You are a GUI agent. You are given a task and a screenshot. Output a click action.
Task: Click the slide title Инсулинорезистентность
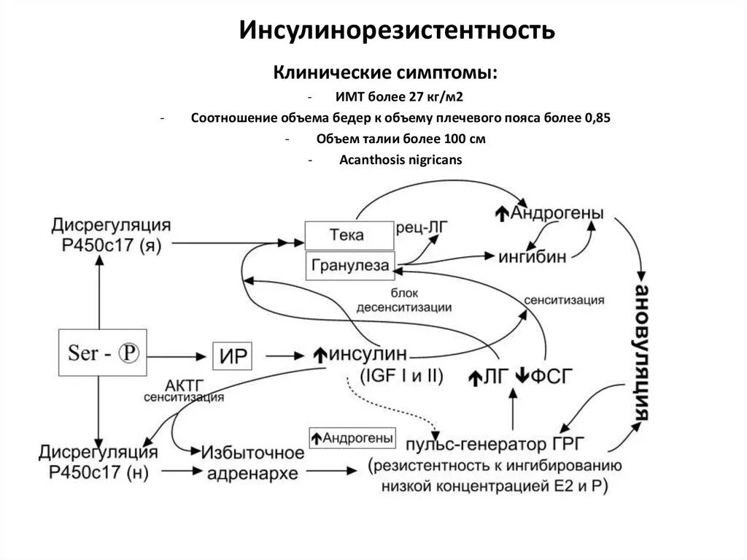(398, 31)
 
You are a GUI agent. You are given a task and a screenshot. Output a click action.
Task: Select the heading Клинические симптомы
(387, 74)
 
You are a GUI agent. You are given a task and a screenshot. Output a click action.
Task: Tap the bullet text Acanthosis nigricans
(400, 161)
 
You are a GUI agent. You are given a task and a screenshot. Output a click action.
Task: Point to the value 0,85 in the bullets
(597, 118)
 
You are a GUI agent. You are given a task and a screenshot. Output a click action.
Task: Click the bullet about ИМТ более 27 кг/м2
(400, 96)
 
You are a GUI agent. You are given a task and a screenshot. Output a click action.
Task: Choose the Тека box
(347, 235)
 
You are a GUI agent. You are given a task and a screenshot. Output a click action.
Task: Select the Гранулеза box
(349, 265)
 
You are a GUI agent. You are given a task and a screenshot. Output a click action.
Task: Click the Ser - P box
(101, 354)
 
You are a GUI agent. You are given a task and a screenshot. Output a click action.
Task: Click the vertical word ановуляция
(641, 351)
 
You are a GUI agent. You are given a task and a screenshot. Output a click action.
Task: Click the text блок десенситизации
(403, 301)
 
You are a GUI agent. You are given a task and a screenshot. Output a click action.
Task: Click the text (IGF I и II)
(401, 377)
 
